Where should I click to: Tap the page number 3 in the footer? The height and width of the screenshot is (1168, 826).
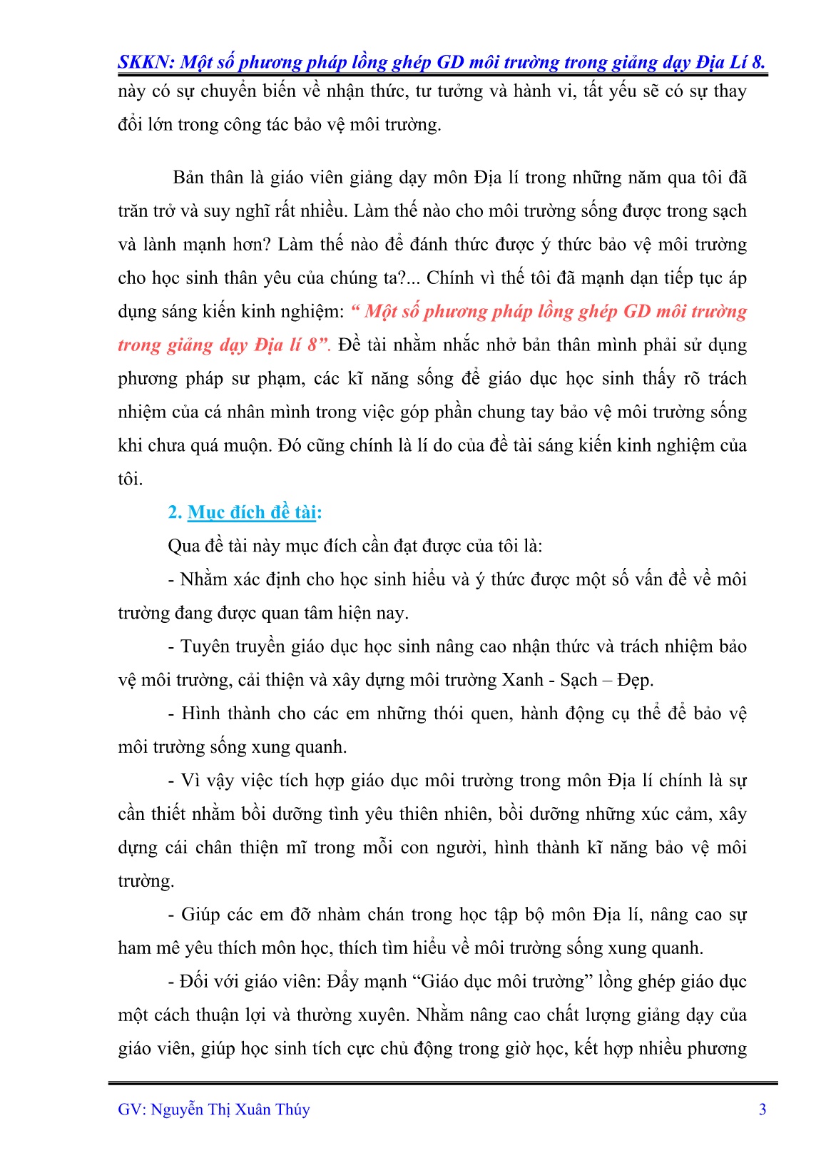[763, 1109]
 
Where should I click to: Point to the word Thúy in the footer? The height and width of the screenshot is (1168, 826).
[293, 1109]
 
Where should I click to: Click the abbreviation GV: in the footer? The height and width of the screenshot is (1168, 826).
[132, 1109]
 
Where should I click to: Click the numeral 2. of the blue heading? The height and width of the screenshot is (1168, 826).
[175, 512]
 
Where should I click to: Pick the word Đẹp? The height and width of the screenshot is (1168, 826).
[635, 680]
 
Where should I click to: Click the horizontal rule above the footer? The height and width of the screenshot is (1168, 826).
[442, 1083]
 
